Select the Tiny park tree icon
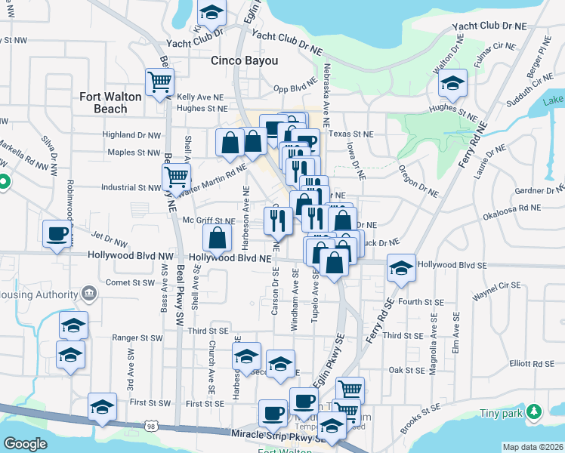click(534, 412)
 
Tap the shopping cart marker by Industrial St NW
click(176, 178)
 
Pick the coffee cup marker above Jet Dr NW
click(57, 233)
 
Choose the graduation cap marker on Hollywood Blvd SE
click(401, 267)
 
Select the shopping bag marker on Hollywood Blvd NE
click(217, 239)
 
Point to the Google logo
click(25, 444)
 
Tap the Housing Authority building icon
click(88, 293)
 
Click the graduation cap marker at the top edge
click(212, 11)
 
